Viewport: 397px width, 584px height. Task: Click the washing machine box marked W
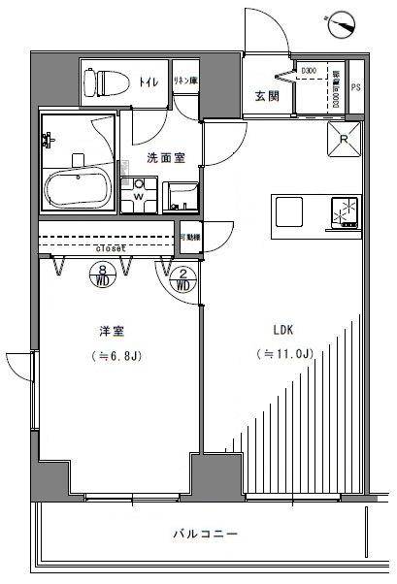click(x=138, y=194)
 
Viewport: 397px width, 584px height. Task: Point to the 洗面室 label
click(x=164, y=157)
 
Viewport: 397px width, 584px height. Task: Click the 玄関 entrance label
click(x=268, y=96)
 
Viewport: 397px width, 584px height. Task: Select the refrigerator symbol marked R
click(x=346, y=138)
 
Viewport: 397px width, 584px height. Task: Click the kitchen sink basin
click(x=290, y=211)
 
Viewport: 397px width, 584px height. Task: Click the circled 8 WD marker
click(x=103, y=277)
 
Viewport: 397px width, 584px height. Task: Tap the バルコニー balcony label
click(x=206, y=535)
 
